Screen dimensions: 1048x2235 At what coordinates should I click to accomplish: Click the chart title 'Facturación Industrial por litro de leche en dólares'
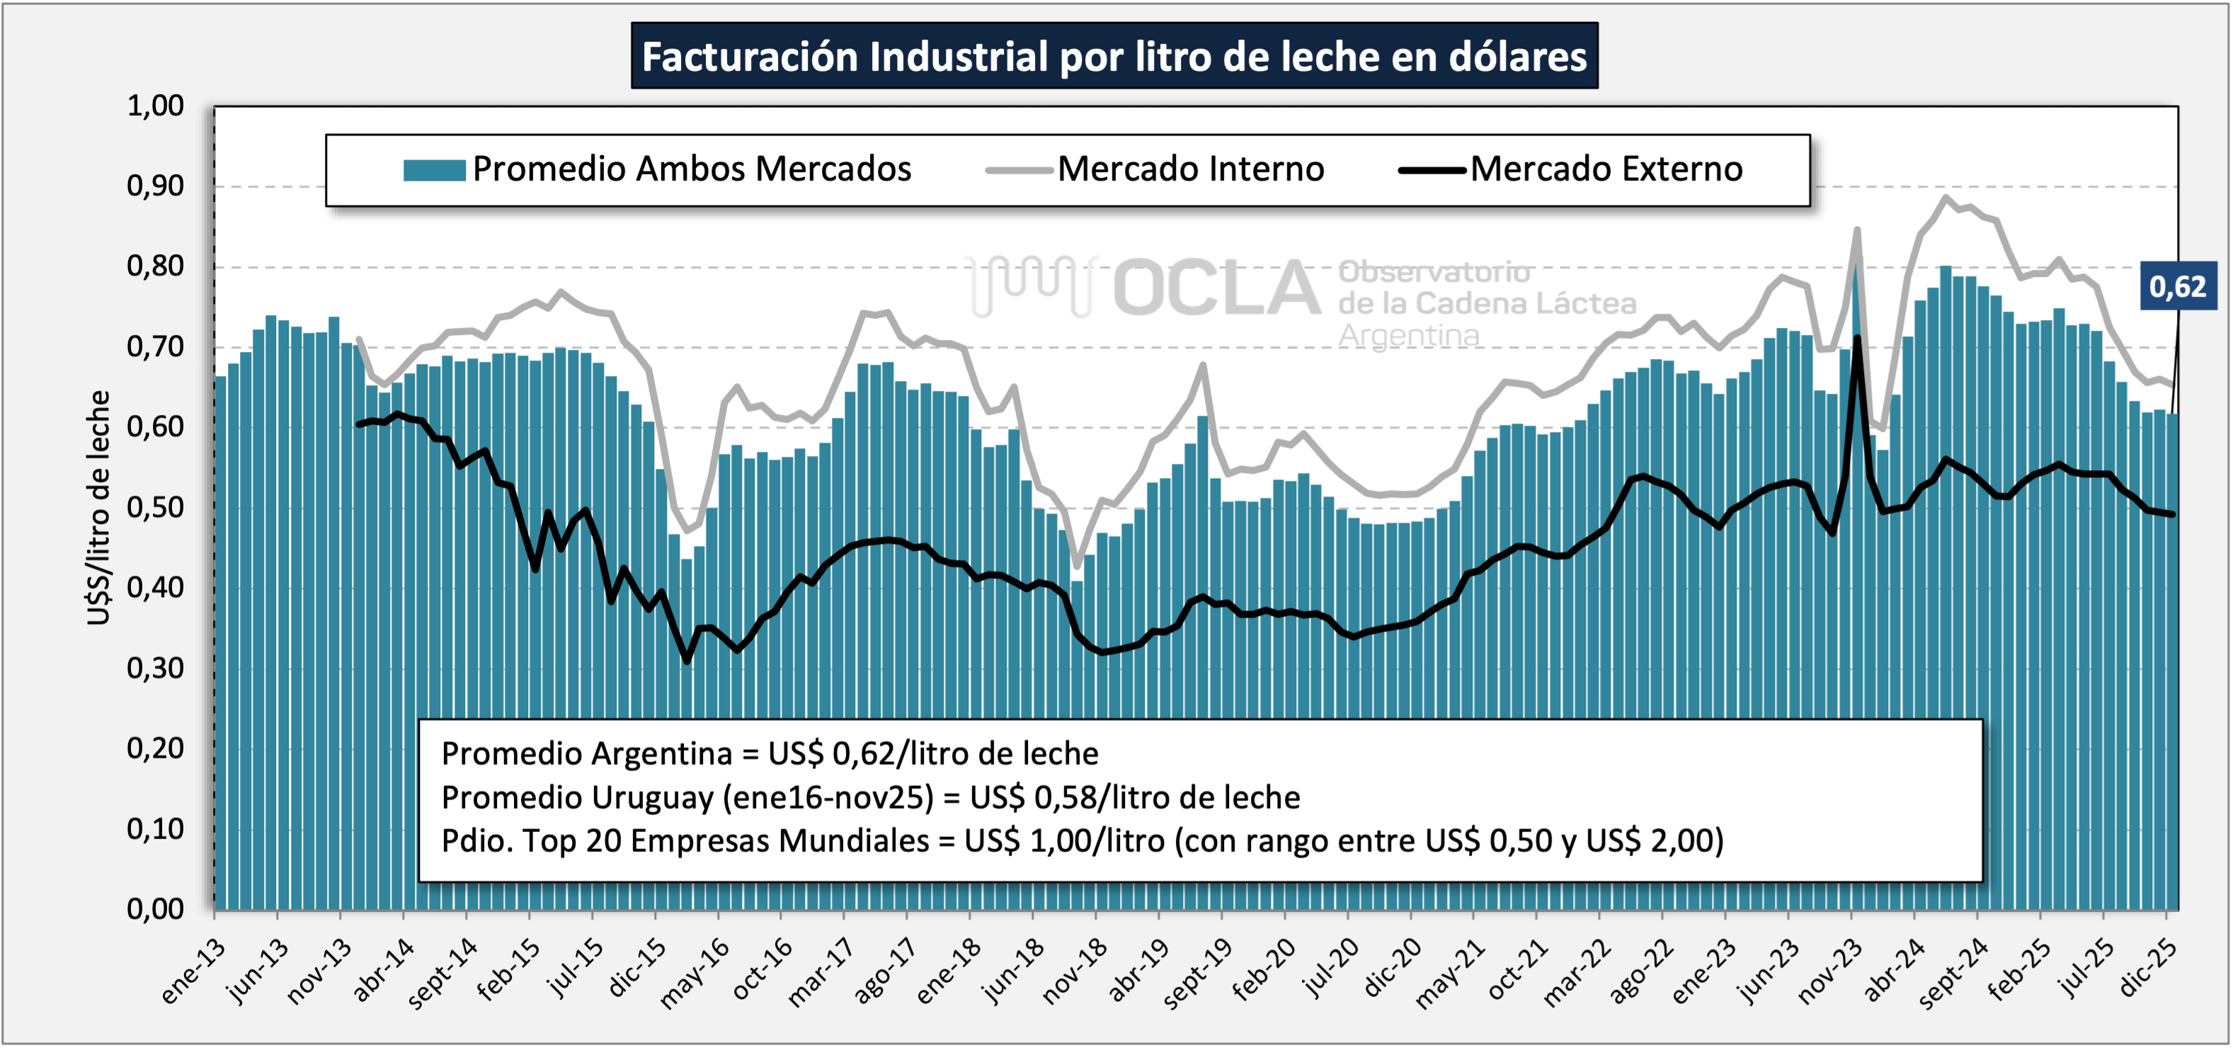pos(1114,57)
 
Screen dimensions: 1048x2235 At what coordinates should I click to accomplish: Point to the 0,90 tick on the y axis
pos(156,186)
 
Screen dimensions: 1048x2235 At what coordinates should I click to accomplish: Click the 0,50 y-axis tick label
pos(156,508)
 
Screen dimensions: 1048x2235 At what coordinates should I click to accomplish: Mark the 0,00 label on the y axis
pos(156,909)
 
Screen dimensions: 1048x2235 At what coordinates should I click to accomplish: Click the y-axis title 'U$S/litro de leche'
pos(99,508)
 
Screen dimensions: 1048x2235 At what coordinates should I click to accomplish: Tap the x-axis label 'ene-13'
pos(193,971)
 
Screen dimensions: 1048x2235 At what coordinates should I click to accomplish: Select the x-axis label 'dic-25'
pos(2147,969)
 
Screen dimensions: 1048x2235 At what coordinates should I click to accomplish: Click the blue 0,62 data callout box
pos(2178,286)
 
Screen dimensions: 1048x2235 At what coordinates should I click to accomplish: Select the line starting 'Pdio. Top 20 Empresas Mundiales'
pos(1082,841)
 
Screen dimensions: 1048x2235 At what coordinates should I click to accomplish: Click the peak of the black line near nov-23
pos(1858,338)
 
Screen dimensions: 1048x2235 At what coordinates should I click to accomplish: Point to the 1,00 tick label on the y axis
pos(156,106)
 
